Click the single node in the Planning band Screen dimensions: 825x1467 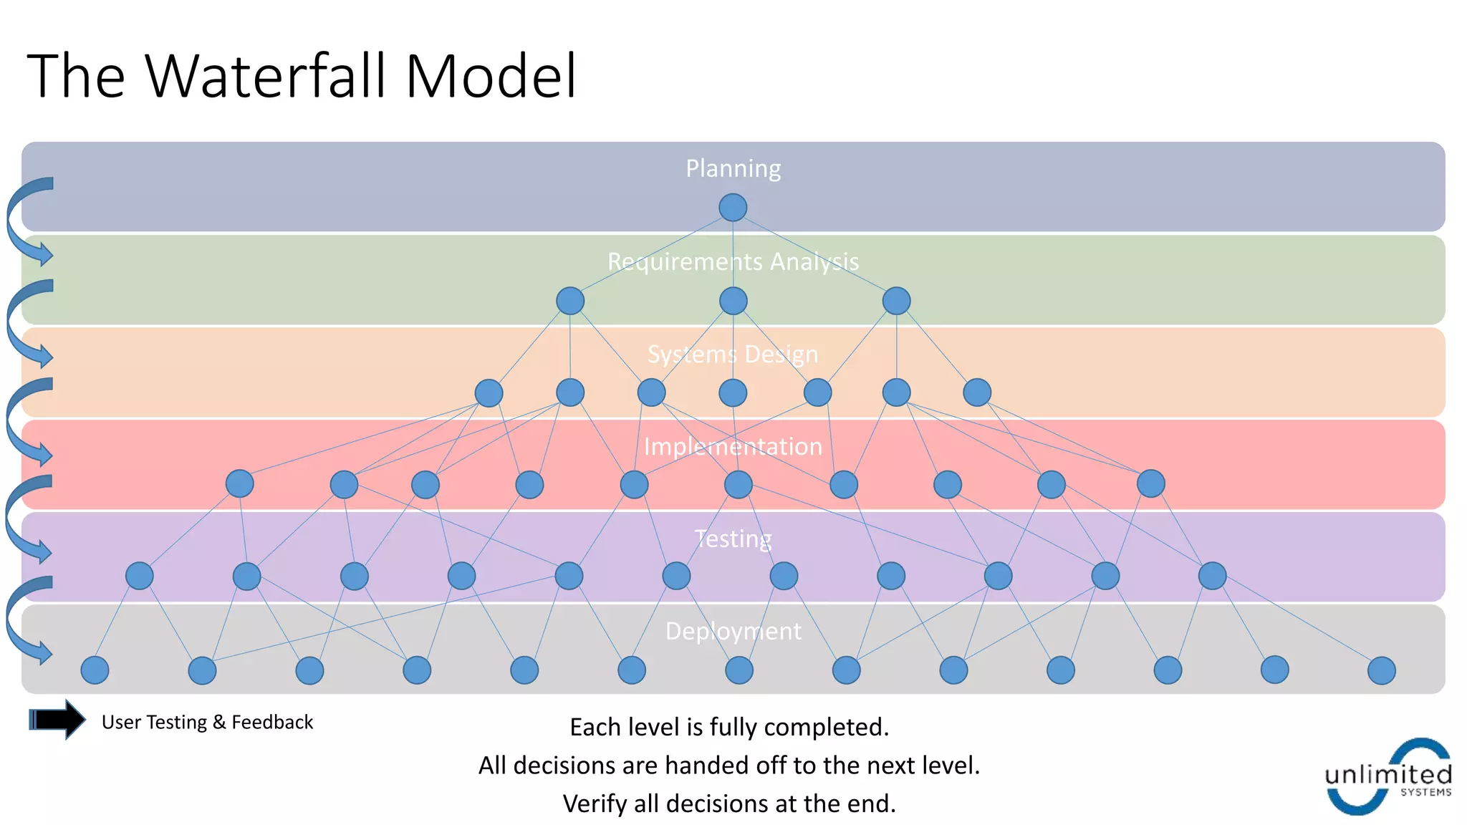coord(733,208)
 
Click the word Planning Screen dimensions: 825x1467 coord(733,168)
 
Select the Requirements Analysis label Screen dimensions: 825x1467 coord(733,261)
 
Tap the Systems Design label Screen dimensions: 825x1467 coord(733,354)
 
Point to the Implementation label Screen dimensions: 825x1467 coord(733,446)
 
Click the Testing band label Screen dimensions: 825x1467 coord(733,539)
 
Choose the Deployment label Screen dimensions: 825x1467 coord(733,631)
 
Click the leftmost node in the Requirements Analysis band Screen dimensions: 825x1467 coord(570,301)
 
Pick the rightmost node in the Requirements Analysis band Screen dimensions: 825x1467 coord(896,301)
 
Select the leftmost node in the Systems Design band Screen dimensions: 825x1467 coord(489,392)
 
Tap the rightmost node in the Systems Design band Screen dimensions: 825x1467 coord(977,392)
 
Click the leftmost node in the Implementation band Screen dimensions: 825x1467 coord(239,484)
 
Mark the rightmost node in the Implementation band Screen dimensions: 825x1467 coord(1150,484)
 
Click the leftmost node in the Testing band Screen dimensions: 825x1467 coord(139,576)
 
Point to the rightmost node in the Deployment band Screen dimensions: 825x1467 coord(1381,670)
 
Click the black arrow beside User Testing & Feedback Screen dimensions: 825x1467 coord(57,719)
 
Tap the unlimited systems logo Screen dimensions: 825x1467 coord(1388,777)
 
